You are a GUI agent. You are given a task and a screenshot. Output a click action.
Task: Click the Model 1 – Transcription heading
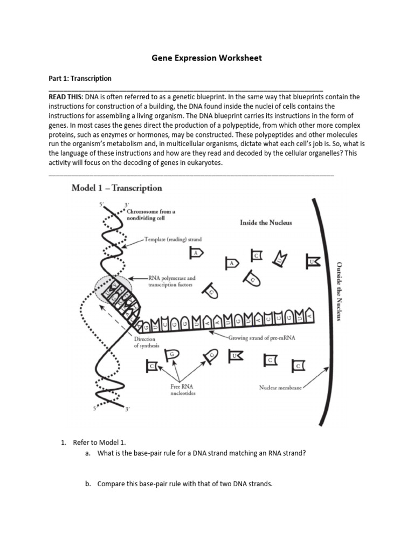[117, 188]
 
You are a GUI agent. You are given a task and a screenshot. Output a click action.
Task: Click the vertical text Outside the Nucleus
[339, 291]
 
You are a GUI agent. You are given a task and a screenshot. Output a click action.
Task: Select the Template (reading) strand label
[173, 238]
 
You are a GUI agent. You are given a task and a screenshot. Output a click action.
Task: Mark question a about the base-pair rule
[201, 453]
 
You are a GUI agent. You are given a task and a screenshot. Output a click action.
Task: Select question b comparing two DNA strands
[185, 484]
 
